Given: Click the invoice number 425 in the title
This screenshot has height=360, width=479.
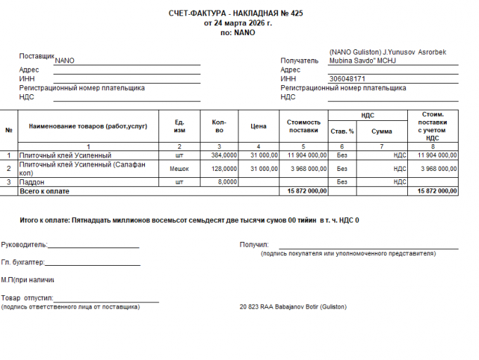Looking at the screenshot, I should point(296,13).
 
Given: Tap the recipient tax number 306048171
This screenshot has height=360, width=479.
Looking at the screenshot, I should point(347,79).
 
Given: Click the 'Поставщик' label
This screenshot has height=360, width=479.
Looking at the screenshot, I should point(37,56).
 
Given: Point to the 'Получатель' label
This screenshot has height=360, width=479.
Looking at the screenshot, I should point(300,60).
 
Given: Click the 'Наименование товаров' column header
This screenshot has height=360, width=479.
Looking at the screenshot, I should point(87,126).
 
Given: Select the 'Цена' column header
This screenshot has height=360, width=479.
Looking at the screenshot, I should point(258,127).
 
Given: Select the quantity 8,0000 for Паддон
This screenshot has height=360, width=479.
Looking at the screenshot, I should point(227,181).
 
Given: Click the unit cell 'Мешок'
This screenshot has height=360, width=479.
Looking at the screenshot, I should point(179,169).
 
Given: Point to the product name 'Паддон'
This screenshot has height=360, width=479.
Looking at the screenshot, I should point(31,181).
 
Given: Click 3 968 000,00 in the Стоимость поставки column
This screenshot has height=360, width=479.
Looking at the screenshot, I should point(308,169).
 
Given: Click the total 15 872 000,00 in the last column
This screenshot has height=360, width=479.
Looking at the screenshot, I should point(437,191).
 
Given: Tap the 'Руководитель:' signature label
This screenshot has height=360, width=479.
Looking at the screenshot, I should point(24,245).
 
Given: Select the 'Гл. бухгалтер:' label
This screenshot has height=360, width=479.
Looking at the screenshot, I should point(23,262).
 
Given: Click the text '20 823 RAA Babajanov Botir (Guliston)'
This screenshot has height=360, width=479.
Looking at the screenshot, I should point(293,307).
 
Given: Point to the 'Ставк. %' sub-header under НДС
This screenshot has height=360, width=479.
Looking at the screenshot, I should point(342,131).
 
